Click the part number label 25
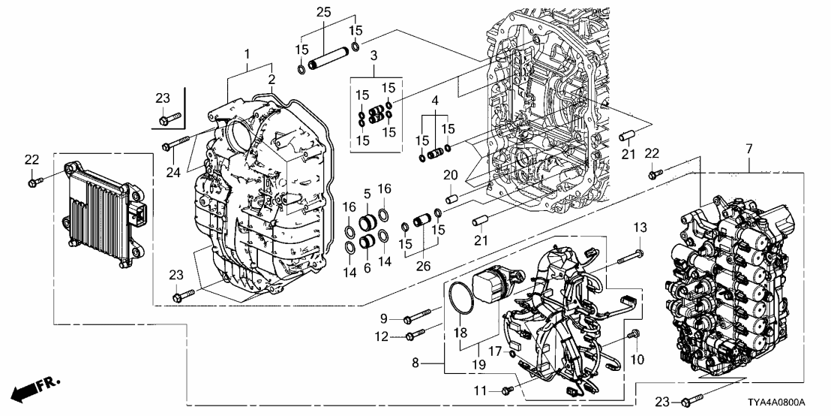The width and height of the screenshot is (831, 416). pyautogui.click(x=323, y=12)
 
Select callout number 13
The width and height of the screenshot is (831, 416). pyautogui.click(x=640, y=228)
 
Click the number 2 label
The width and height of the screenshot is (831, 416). pyautogui.click(x=271, y=79)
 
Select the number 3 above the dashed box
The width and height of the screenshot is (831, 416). pyautogui.click(x=373, y=56)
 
